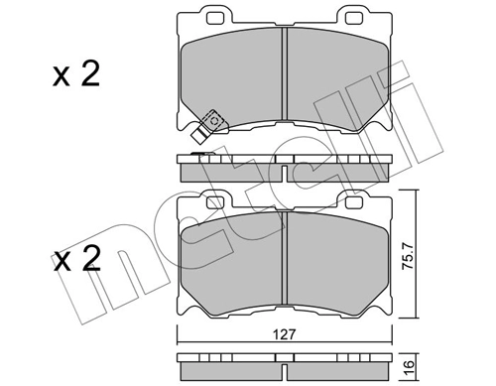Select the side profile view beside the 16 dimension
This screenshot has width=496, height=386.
[286, 364]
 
